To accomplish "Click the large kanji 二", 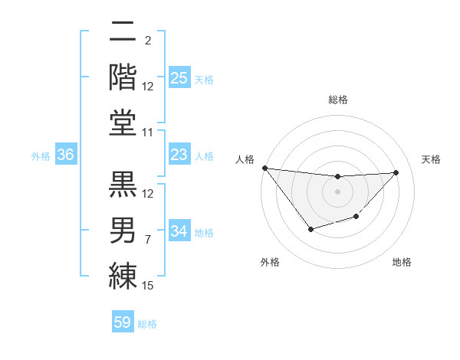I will click(x=123, y=34).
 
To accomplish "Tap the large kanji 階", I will click(x=123, y=77).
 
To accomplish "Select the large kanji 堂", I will click(x=123, y=123).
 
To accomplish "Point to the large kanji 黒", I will click(x=123, y=184).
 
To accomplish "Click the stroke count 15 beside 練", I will click(x=149, y=286).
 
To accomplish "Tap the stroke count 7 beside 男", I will click(x=148, y=240).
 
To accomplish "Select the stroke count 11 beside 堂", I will click(x=149, y=133).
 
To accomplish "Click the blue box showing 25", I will click(x=179, y=77).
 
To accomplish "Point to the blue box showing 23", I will click(x=179, y=155).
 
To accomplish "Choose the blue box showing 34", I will click(x=179, y=231).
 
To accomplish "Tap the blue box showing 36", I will click(x=65, y=155).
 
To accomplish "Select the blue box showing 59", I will click(x=123, y=322).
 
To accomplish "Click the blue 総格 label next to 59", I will click(x=147, y=323).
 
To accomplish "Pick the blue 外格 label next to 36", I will click(x=41, y=155).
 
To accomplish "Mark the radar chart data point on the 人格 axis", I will click(x=264, y=168).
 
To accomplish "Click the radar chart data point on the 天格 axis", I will click(x=396, y=172).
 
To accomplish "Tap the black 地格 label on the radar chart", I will click(x=402, y=262).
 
